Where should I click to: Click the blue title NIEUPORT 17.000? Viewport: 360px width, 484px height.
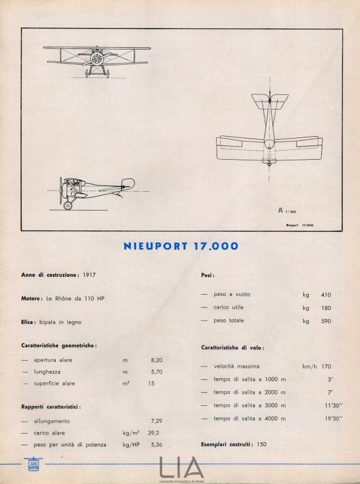180,246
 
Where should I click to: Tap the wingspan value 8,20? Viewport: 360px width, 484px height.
156,359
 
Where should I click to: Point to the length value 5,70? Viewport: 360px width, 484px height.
156,371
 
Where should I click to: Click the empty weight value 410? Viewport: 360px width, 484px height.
326,295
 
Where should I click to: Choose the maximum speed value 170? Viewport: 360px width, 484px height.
326,366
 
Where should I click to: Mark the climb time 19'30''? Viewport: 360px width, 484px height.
333,418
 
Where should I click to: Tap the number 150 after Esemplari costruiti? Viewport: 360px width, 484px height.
261,445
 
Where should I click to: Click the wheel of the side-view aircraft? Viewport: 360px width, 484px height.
68,206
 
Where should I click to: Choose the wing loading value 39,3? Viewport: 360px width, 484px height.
156,433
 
